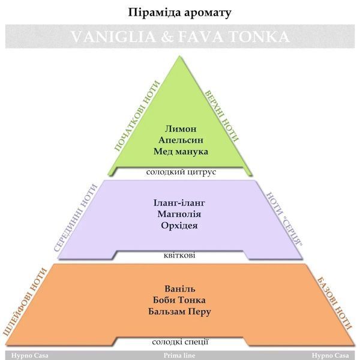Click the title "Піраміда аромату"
click(179, 13)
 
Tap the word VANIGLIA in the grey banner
click(113, 37)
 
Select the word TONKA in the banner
click(259, 37)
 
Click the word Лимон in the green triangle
click(181, 128)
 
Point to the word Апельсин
click(181, 140)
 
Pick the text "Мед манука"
click(181, 152)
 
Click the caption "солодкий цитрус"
click(181, 172)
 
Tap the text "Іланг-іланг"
click(179, 203)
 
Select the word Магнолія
click(179, 214)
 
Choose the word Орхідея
click(179, 226)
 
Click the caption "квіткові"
click(179, 256)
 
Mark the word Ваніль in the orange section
click(180, 289)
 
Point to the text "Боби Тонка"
click(179, 300)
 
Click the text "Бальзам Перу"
click(179, 312)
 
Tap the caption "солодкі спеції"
click(180, 342)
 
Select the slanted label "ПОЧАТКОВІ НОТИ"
click(137, 116)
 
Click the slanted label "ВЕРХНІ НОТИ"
click(221, 116)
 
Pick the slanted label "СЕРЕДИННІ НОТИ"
click(76, 218)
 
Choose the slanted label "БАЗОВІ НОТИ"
click(334, 304)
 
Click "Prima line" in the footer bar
click(179, 356)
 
